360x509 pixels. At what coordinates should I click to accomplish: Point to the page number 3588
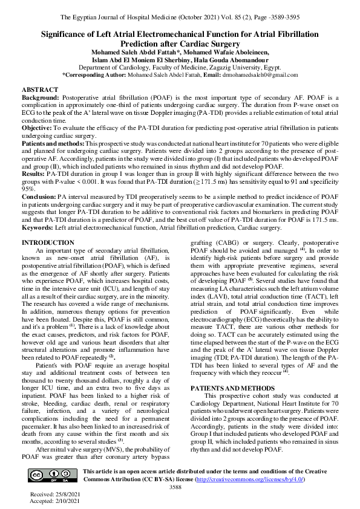click(175, 487)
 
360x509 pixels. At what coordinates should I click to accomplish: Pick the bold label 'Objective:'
click(36, 128)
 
